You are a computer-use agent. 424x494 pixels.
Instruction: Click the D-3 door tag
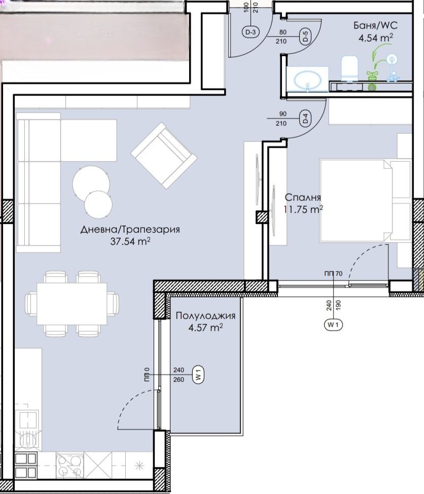(251, 32)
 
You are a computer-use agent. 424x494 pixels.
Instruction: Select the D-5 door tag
(305, 36)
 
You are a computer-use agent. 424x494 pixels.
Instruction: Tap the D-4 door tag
(305, 119)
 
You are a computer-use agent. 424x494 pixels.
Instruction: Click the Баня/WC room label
(375, 25)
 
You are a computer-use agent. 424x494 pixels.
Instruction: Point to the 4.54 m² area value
(375, 38)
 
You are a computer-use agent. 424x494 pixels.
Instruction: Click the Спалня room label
(303, 197)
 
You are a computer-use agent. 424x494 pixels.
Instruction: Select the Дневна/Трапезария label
(130, 229)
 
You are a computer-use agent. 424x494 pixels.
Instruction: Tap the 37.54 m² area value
(130, 241)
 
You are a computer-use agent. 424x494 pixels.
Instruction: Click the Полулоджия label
(205, 315)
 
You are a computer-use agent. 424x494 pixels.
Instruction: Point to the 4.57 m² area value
(205, 328)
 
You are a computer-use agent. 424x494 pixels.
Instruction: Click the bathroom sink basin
(307, 80)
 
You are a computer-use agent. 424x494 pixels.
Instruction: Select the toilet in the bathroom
(349, 68)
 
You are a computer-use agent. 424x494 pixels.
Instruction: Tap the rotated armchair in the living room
(164, 156)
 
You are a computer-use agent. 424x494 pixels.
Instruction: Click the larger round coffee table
(91, 183)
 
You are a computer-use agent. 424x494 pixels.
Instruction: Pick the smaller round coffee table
(98, 204)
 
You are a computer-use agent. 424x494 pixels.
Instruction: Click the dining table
(72, 304)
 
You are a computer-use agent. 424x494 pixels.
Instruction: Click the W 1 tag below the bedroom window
(333, 325)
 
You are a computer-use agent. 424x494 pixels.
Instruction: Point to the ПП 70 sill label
(333, 274)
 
